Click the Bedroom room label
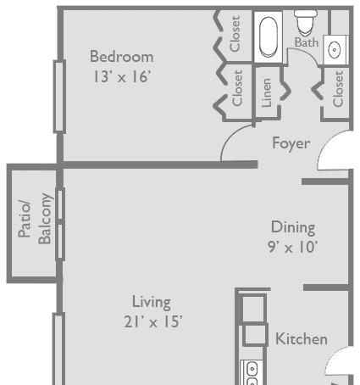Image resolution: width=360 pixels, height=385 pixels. pos(122,57)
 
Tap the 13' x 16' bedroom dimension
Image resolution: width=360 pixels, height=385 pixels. pos(122,76)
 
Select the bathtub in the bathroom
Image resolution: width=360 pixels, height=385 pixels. pos(269,37)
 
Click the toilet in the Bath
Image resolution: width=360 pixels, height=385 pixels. pos(306,23)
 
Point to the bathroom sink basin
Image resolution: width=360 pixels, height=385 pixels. pos(335,50)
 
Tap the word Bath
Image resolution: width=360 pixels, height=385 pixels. pos(307,42)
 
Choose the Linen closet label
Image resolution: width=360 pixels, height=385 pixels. pos(266,93)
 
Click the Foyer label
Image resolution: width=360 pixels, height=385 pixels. pos(291,143)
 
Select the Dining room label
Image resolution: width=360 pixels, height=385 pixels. pos(293,227)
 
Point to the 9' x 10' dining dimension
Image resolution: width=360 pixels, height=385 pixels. pos(293,247)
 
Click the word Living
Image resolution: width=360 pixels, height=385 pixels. pos(152,303)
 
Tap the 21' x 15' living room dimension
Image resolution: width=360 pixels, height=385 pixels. pos(153,321)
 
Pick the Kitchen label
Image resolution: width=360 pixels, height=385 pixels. pos(302,338)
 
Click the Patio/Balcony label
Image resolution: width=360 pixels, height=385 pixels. pos(36,219)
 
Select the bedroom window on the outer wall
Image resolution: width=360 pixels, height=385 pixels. pos(59,97)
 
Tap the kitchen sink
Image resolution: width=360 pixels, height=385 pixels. pos(251,372)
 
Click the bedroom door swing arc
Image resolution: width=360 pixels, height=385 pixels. pos(232,137)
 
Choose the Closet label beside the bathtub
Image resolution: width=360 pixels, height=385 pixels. pos(235,34)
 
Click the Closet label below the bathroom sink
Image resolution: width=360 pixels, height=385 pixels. pos(338,89)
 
